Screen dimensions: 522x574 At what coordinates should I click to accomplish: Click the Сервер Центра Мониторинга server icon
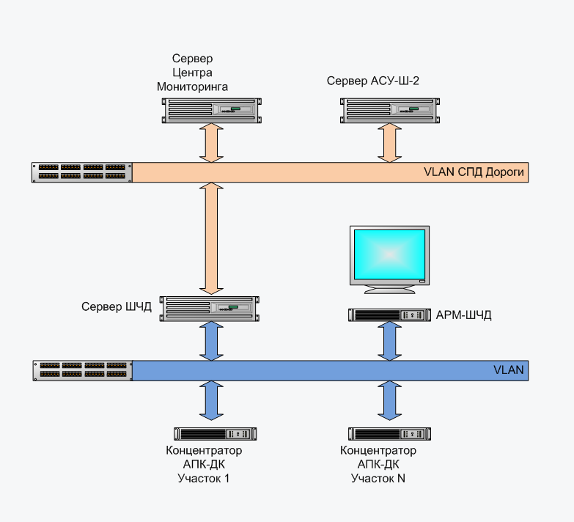[210, 110]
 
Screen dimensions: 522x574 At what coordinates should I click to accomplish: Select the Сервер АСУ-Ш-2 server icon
[390, 110]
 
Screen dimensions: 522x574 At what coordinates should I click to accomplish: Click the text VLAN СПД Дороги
[474, 173]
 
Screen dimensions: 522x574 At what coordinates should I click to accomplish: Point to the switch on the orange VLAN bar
[82, 172]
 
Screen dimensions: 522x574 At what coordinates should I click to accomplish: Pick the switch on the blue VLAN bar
[82, 370]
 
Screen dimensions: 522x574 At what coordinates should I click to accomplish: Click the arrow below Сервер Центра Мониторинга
[210, 142]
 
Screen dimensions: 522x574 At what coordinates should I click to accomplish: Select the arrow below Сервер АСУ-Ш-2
[390, 142]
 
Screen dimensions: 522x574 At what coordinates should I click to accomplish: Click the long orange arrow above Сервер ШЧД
[210, 238]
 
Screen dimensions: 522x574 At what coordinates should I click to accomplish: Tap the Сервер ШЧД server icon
[210, 309]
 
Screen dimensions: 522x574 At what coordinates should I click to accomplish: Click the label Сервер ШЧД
[117, 306]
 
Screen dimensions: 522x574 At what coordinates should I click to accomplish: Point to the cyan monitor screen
[389, 253]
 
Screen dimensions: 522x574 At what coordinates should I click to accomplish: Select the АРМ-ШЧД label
[463, 315]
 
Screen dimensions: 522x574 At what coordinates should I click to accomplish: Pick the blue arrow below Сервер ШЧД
[210, 341]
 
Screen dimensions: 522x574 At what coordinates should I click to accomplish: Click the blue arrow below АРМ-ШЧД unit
[389, 341]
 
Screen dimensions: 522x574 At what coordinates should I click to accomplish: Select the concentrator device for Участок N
[389, 433]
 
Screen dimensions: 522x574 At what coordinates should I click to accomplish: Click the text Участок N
[378, 479]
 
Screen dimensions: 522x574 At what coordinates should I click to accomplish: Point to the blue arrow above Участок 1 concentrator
[210, 400]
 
